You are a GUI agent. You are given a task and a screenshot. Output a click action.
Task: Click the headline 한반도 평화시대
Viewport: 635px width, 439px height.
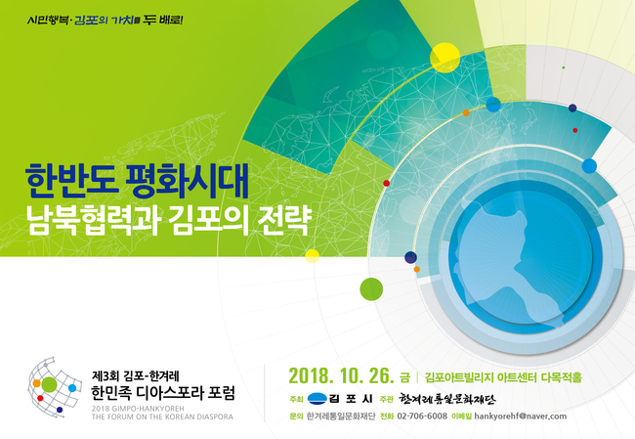click(137, 180)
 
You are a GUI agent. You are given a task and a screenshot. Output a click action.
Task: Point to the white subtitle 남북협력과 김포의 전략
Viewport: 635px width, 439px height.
click(168, 221)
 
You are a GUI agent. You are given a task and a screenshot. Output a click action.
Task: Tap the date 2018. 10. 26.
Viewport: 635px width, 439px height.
click(341, 375)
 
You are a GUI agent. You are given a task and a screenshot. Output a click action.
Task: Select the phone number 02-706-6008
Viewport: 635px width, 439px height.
click(422, 416)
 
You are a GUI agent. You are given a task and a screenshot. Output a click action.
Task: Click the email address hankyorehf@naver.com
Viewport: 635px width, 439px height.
click(521, 416)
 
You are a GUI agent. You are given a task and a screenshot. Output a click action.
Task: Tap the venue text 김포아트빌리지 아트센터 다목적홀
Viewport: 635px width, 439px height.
click(503, 377)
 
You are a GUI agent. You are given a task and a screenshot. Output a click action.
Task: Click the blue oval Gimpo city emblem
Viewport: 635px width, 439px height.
click(317, 399)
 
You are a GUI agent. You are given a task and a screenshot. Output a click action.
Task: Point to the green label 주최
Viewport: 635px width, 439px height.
click(296, 399)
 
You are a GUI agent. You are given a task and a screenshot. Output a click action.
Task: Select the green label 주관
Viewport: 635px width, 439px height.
click(387, 399)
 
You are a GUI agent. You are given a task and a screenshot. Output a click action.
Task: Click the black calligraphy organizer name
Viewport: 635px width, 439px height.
click(446, 399)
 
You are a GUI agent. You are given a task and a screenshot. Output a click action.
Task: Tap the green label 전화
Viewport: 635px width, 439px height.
click(387, 417)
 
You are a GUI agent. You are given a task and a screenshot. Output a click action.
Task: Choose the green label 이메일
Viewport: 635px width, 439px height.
click(461, 417)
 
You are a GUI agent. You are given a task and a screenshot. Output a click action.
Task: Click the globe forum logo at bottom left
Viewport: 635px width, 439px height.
click(55, 387)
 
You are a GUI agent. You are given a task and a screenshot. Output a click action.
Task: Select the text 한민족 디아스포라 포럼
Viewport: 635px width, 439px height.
click(163, 393)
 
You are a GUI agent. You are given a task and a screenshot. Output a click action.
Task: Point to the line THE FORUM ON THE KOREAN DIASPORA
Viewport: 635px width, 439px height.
click(162, 417)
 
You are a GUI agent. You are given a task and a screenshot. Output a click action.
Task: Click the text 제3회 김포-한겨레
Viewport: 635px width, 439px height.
click(135, 375)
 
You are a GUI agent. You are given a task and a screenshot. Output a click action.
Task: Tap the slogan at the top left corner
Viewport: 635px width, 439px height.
click(105, 20)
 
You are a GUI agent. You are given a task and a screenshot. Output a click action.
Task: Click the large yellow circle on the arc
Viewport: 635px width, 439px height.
click(444, 58)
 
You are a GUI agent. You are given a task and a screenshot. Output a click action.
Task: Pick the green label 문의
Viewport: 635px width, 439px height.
click(296, 417)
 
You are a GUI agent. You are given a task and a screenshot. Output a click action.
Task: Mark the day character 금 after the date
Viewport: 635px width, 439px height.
click(404, 377)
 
